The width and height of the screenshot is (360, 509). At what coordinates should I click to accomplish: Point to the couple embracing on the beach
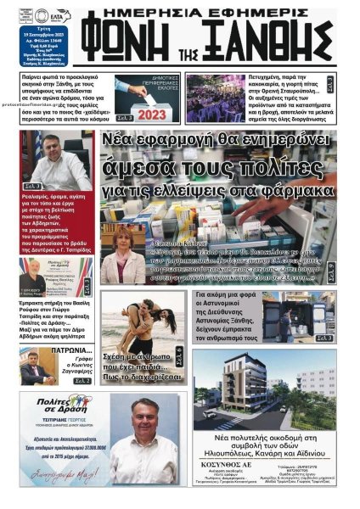pyautogui.click(x=141, y=317)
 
